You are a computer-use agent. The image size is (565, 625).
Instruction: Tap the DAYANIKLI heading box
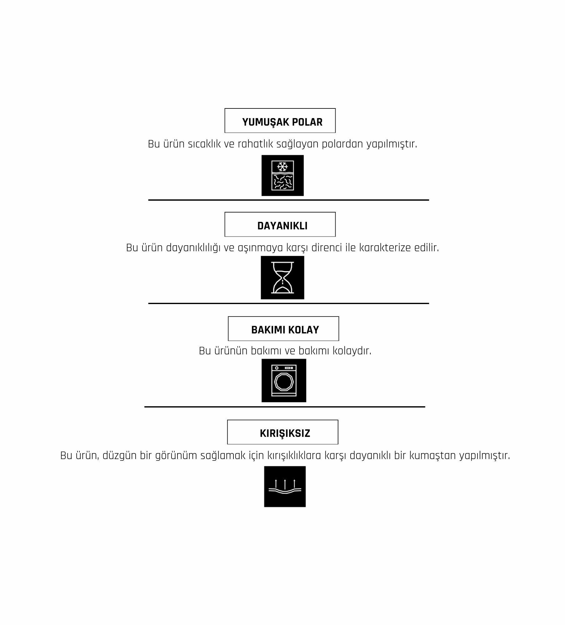click(280, 224)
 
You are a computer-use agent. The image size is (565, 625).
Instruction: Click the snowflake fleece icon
click(282, 175)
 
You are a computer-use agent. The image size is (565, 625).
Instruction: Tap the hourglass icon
click(282, 277)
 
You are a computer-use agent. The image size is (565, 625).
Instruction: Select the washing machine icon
click(284, 380)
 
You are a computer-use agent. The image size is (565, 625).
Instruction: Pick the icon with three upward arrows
click(285, 487)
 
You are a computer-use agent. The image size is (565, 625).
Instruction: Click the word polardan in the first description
click(342, 144)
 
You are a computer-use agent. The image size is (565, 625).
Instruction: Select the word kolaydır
click(352, 351)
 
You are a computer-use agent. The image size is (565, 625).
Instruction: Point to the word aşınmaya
click(260, 248)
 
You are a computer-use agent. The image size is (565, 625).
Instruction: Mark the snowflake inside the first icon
click(282, 166)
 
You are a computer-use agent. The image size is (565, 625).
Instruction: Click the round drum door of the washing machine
click(283, 382)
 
